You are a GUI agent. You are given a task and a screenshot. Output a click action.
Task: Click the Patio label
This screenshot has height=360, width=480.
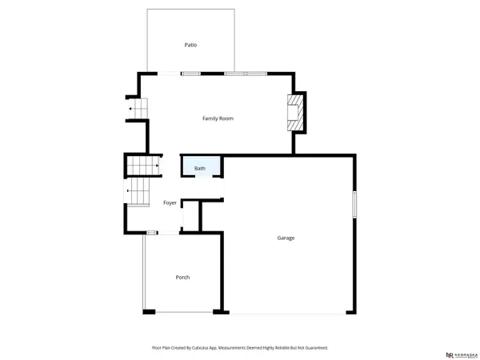coord(190,46)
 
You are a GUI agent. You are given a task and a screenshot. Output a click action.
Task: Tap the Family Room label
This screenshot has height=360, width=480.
coord(218,118)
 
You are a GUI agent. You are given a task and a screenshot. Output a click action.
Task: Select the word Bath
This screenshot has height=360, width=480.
coord(199,169)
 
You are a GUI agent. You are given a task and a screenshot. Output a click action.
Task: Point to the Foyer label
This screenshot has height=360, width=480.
coord(170,203)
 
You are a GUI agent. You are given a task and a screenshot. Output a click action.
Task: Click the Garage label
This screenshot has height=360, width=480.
coord(286,238)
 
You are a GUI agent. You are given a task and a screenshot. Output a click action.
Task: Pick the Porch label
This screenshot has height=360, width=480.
coord(182,278)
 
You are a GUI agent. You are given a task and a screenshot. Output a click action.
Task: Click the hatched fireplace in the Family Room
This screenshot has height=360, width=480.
coord(296,114)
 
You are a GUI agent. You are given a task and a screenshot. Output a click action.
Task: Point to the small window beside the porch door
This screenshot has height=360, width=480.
coord(151,232)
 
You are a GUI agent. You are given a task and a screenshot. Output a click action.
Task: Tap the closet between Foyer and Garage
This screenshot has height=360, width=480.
coord(190,216)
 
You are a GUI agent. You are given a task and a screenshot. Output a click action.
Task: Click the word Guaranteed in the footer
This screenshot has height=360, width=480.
coord(315,348)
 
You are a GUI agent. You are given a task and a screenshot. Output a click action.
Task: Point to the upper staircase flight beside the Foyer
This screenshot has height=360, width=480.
coord(142,166)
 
